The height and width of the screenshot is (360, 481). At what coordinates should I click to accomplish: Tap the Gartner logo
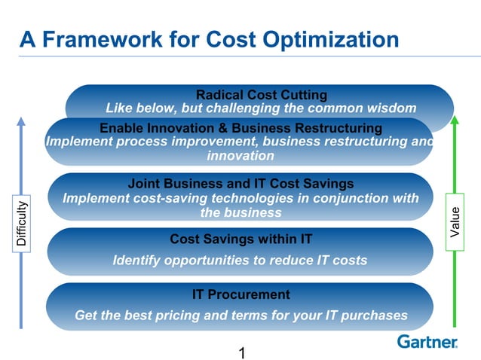(427, 341)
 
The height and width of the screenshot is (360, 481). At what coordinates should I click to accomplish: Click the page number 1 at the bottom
(241, 352)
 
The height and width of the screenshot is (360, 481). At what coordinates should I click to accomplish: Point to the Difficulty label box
(21, 222)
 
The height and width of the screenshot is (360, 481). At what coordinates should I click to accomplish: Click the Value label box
(455, 222)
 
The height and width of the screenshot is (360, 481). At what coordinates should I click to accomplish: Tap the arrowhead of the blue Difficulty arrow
(21, 121)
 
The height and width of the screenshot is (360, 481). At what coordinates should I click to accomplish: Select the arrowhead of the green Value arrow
(455, 121)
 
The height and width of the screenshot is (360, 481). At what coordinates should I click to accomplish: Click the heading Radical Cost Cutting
(261, 95)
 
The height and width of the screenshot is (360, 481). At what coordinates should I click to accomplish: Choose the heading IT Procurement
(240, 294)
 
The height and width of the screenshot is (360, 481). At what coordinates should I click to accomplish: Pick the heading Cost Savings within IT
(240, 239)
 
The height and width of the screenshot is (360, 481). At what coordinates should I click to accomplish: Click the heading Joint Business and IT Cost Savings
(240, 184)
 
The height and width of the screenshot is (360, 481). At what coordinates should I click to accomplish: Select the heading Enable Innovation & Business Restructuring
(240, 127)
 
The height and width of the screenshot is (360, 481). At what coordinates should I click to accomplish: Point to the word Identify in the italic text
(137, 261)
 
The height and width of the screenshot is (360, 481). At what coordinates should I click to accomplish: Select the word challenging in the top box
(242, 108)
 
